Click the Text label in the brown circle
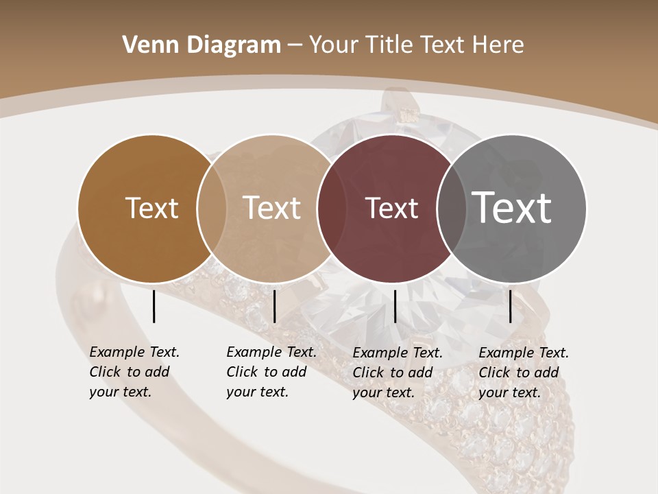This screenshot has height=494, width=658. click(151, 208)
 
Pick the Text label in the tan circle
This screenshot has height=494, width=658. click(272, 208)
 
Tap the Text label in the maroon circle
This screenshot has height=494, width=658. click(391, 208)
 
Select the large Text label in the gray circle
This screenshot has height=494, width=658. click(512, 208)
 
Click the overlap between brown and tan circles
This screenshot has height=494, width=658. click(212, 209)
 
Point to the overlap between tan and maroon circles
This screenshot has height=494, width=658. click(332, 209)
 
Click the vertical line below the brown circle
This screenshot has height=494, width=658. click(154, 306)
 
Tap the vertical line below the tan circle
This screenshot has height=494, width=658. click(274, 306)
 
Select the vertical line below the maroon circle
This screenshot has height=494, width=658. click(395, 306)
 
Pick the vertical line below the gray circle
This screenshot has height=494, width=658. click(510, 306)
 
